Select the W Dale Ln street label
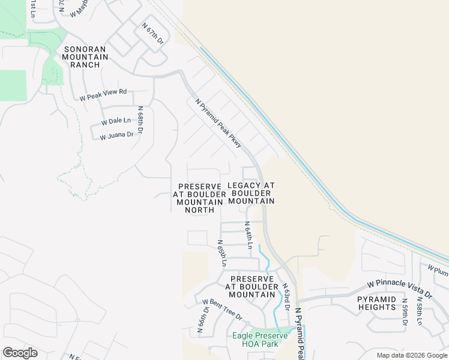click(116, 121)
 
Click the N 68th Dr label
click(141, 120)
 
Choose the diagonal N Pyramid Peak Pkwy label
click(218, 123)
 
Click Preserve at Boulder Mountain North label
click(199, 198)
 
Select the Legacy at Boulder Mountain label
click(252, 193)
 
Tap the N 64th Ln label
click(247, 235)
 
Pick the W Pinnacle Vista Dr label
click(400, 289)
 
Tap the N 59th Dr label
click(405, 311)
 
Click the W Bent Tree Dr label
click(221, 310)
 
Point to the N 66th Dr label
click(202, 320)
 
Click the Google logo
click(20, 353)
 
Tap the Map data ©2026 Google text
click(412, 355)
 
